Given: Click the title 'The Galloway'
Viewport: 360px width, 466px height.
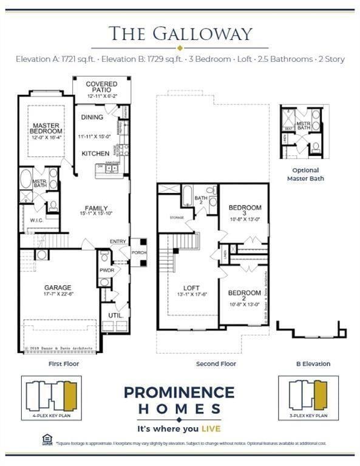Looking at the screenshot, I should click(x=180, y=34).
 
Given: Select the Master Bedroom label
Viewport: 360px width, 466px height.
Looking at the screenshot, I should click(x=46, y=129).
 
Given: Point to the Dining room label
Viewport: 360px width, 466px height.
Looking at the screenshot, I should click(x=92, y=117).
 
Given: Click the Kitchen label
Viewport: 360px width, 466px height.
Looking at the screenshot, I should click(x=95, y=154).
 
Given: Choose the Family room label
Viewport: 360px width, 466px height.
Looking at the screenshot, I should click(x=96, y=208).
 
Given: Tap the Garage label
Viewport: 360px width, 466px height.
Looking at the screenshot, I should click(x=58, y=288).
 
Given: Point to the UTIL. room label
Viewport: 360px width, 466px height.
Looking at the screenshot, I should click(x=115, y=316).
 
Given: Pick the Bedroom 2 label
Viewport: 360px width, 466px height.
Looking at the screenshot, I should click(x=244, y=296).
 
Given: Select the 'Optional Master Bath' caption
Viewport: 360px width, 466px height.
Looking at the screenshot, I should click(x=305, y=175).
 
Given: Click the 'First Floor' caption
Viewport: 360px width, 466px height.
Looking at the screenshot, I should click(x=64, y=364).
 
